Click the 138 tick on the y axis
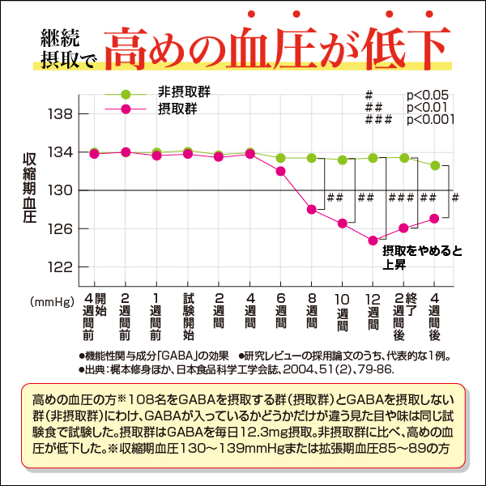tap(62, 114)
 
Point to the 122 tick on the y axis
tap(62, 266)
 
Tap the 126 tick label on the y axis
tap(62, 228)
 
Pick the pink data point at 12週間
tap(373, 241)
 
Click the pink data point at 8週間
tap(311, 210)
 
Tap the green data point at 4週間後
tap(435, 165)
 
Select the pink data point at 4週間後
tap(435, 218)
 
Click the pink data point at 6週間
tap(280, 171)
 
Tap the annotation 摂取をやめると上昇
tap(421, 258)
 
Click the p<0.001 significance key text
tap(431, 119)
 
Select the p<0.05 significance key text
tap(431, 95)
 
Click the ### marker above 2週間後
tap(402, 197)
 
